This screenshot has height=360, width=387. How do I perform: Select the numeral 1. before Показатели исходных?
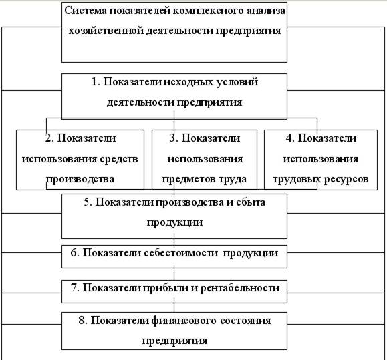(96, 82)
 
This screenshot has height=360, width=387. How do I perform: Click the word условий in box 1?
(237, 82)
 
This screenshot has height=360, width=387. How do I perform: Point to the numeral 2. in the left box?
(49, 138)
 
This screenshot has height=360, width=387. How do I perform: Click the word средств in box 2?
(119, 159)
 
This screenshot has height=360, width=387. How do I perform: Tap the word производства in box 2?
(80, 179)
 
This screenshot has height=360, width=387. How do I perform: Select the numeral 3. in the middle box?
(174, 138)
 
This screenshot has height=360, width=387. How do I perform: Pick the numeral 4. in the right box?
(290, 138)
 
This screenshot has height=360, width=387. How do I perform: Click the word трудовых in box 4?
(295, 179)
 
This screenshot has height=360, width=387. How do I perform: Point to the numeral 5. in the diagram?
(88, 202)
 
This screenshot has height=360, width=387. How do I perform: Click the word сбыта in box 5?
(251, 202)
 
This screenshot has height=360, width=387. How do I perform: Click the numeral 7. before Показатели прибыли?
(75, 287)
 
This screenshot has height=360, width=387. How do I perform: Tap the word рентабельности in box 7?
(240, 288)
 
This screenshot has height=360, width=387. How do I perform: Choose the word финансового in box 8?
(183, 321)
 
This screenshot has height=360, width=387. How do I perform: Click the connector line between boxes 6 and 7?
(174, 274)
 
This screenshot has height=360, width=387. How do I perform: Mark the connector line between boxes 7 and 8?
(174, 307)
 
